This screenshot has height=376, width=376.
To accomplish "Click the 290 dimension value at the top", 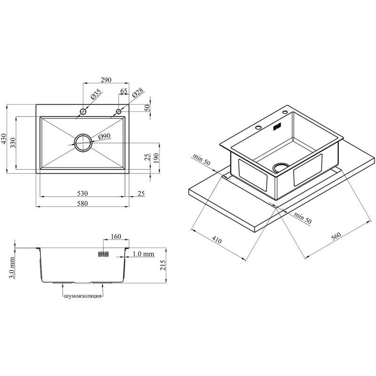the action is point(106,80).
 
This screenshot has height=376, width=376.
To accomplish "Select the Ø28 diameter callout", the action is point(138,93).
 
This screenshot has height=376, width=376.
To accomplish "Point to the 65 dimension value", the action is point(124,91).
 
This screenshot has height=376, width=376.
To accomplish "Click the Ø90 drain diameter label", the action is point(104,136).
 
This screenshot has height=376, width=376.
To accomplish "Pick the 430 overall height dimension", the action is point(4,139).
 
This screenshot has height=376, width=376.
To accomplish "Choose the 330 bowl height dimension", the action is point(13,143).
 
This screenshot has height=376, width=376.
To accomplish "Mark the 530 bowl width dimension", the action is point(82,193).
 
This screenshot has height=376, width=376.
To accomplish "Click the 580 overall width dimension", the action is point(82,204).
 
